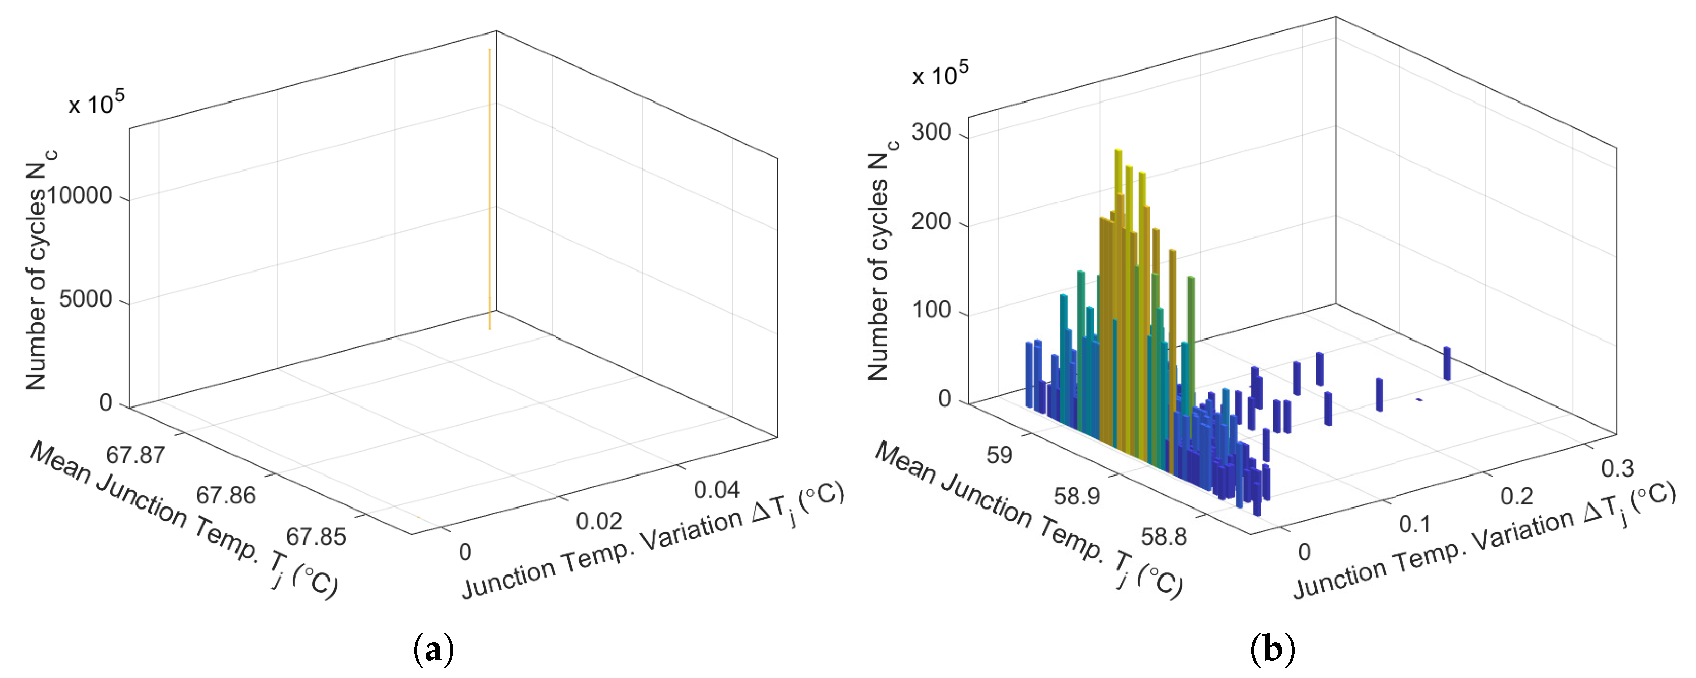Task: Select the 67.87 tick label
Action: (x=135, y=455)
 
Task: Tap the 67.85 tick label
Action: (x=316, y=536)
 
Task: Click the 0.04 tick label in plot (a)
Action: (x=717, y=490)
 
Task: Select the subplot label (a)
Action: (x=433, y=650)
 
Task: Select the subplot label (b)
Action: (x=1272, y=650)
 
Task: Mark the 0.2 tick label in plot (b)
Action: (x=1517, y=496)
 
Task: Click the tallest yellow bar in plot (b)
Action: (x=1118, y=197)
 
